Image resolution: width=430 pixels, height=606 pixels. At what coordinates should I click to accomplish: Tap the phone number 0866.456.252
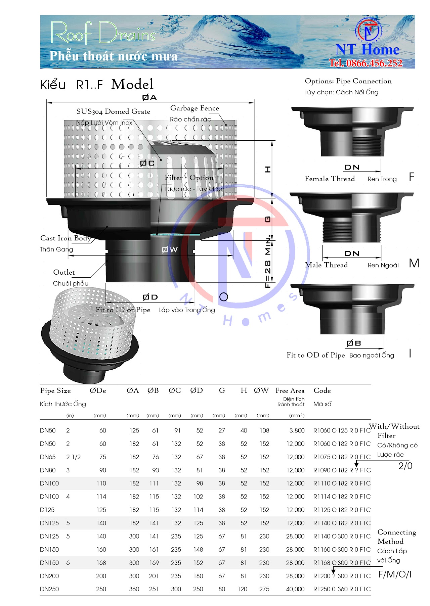point(365,63)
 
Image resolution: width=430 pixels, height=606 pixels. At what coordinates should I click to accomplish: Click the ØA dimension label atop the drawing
point(149,97)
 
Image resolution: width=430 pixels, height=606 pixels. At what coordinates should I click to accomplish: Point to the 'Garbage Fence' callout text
point(195,108)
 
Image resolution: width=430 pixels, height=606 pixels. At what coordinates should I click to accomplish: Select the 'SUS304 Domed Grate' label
point(113,111)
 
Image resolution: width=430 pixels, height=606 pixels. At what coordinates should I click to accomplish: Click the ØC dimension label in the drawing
point(147,163)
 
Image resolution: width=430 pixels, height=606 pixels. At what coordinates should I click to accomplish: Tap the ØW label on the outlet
point(169,249)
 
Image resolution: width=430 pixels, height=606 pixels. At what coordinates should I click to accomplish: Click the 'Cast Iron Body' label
point(66,238)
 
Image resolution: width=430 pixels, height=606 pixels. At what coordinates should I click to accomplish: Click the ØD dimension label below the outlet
point(150,297)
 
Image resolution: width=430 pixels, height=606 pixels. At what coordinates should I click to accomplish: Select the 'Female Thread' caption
point(330,179)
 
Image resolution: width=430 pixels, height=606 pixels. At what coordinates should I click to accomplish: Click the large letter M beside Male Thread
point(414,263)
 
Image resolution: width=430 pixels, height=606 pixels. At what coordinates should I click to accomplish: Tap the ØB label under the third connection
point(353,343)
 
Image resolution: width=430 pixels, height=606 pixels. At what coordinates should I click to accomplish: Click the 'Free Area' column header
point(290,390)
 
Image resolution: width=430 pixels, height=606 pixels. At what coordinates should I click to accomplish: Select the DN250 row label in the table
point(49,589)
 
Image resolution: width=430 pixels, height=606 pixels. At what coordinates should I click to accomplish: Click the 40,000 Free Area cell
point(295,589)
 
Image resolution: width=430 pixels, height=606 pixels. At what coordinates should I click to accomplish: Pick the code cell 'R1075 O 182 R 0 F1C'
point(342,457)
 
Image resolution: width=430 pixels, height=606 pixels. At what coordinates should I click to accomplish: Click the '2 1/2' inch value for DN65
point(73,457)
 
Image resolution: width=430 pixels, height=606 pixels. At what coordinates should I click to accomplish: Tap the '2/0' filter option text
point(405,466)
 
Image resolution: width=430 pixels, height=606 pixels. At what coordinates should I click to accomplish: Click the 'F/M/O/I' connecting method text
point(395,574)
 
